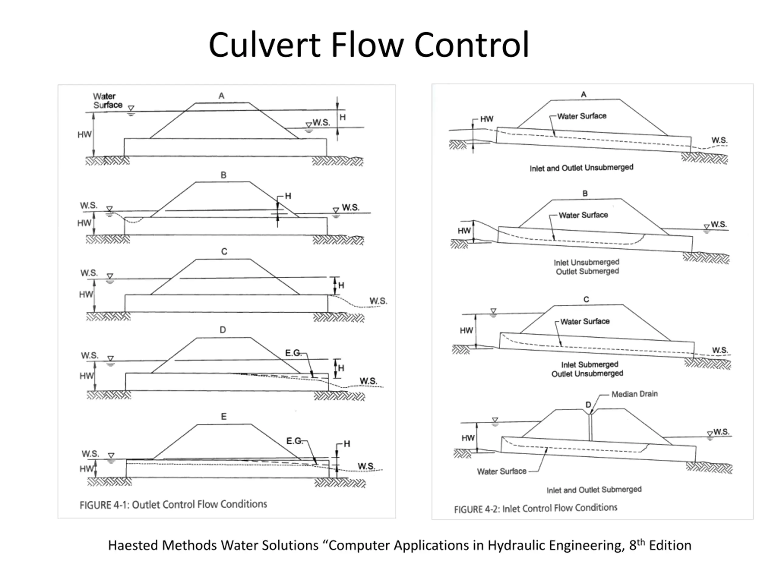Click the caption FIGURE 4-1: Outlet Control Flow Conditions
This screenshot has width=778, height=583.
(x=174, y=505)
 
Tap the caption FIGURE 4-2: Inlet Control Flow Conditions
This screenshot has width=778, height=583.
(x=536, y=508)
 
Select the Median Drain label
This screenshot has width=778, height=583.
(x=635, y=394)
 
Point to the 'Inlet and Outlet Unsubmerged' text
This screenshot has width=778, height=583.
(x=581, y=168)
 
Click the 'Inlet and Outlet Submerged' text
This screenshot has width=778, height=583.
(x=594, y=489)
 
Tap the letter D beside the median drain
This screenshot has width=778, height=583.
(x=588, y=405)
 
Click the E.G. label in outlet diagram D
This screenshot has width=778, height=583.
(x=293, y=353)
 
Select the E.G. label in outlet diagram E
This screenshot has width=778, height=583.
(x=294, y=441)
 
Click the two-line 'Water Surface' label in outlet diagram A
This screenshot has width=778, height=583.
(x=108, y=101)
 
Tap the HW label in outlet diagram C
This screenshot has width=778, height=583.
(x=86, y=294)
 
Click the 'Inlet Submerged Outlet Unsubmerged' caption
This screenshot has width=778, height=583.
(x=587, y=369)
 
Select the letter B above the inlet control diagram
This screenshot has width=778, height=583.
(x=585, y=193)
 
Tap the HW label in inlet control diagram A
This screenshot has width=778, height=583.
(x=487, y=119)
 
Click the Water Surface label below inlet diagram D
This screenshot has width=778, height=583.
(x=501, y=471)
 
